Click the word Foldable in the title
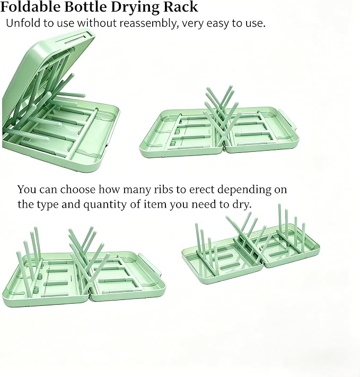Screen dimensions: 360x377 click(x=30, y=7)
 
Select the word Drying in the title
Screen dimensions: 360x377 click(x=135, y=7)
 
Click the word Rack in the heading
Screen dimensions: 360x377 click(x=180, y=7)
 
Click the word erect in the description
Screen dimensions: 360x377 click(x=201, y=190)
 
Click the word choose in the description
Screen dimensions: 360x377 click(x=78, y=189)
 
